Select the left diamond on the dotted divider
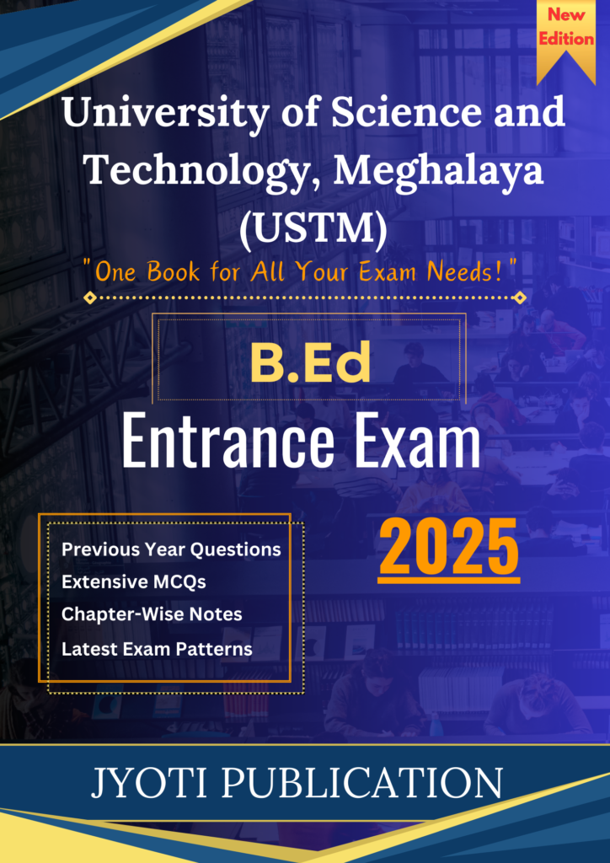[91, 297]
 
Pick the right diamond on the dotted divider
[519, 297]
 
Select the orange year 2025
[448, 550]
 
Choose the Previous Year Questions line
[171, 550]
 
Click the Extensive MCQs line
[134, 582]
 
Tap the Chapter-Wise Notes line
[152, 614]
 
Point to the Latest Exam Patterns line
[157, 649]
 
